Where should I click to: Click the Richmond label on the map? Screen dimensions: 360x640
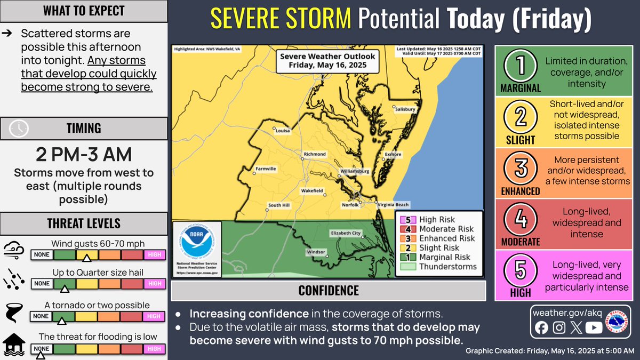tap(314, 154)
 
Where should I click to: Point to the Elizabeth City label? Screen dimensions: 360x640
tap(346, 233)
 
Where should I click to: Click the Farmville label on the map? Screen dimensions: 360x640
tap(265, 169)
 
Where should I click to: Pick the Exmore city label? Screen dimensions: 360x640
tap(393, 155)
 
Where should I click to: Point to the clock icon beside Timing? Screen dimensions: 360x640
tap(19, 129)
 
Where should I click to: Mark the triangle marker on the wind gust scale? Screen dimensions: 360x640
tap(86, 259)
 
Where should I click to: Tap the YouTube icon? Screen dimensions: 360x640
tap(593, 328)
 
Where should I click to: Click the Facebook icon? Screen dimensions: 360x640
tap(541, 328)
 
